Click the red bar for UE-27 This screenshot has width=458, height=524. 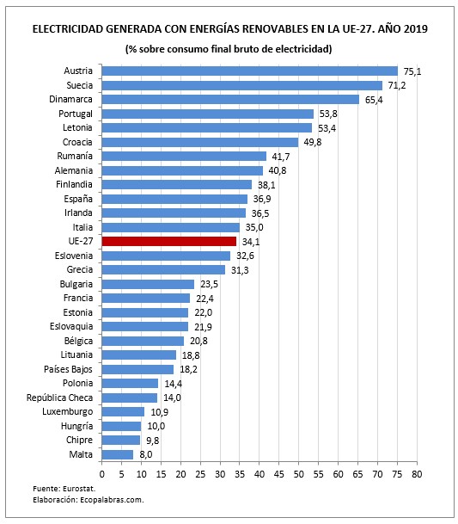(168, 241)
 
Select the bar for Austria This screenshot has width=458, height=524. (249, 71)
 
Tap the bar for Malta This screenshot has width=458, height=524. (117, 453)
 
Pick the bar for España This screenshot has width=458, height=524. (174, 199)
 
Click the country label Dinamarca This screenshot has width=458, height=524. (70, 99)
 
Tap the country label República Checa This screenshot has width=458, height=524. (56, 397)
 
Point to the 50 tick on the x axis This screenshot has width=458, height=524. (298, 473)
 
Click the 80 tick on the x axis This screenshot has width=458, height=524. (417, 473)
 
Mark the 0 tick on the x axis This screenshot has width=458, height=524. (101, 473)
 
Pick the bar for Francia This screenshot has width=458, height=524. (145, 298)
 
